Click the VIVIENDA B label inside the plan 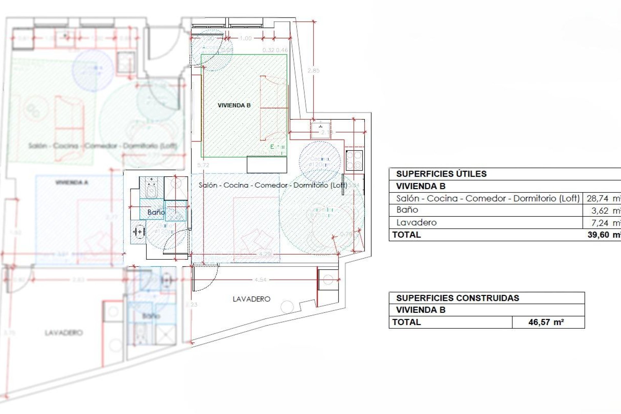[x=234, y=105]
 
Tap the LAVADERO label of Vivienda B [x=251, y=299]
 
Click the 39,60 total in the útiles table [x=598, y=235]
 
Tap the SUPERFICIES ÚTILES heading [x=441, y=174]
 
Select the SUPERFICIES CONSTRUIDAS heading [x=457, y=298]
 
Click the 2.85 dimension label [x=313, y=71]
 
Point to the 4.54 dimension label [x=260, y=280]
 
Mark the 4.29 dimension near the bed [x=265, y=254]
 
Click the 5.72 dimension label [x=203, y=165]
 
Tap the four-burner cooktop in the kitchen [x=354, y=160]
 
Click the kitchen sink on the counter [x=320, y=128]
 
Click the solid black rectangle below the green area [x=267, y=165]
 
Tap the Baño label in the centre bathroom [x=156, y=212]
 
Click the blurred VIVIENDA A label [x=71, y=182]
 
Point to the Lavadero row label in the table [x=416, y=223]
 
